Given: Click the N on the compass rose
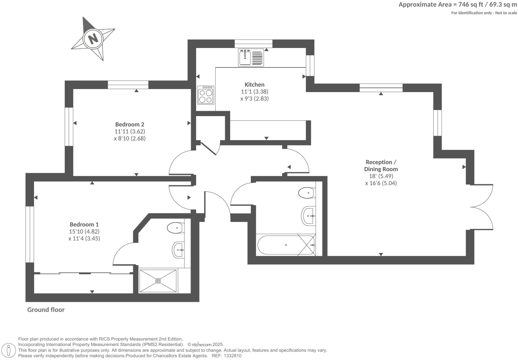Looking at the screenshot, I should (x=93, y=38).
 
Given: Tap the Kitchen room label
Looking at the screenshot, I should (x=254, y=85).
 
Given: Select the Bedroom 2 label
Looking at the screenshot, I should (x=130, y=124).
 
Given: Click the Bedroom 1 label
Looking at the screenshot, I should (x=84, y=225).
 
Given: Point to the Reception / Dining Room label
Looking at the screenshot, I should (x=381, y=165).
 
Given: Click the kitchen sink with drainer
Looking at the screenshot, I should (x=251, y=57).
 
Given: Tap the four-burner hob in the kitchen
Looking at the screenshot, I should (x=205, y=95).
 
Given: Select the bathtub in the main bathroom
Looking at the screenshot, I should (x=286, y=245).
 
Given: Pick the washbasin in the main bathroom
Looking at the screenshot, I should (x=309, y=216).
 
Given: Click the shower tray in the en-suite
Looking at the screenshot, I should (x=158, y=281).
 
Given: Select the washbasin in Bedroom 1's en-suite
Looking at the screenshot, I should (x=178, y=250).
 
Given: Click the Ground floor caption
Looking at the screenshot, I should (x=46, y=310).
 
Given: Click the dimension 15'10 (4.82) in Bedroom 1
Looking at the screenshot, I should (x=84, y=232).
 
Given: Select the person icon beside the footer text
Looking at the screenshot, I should (x=9, y=350).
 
